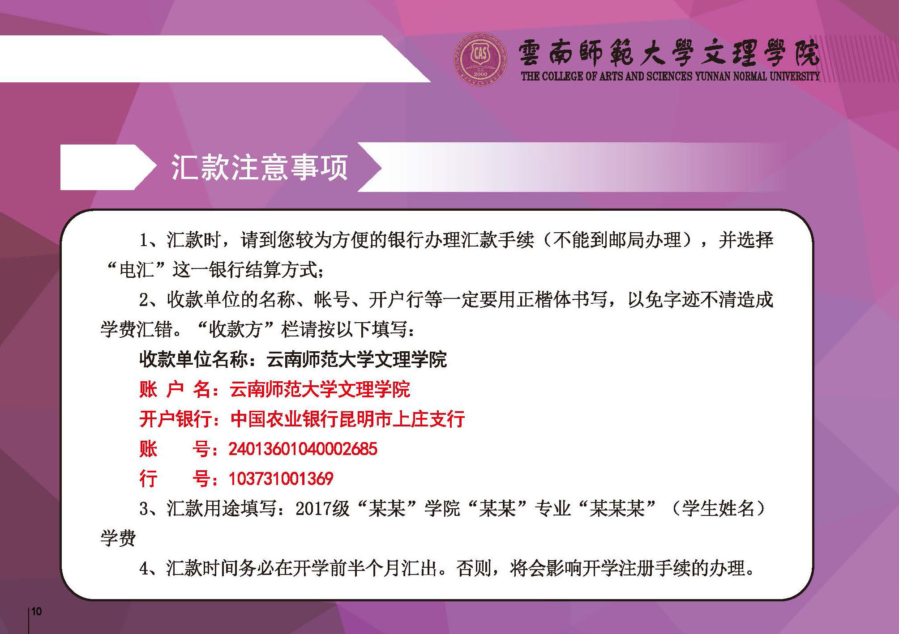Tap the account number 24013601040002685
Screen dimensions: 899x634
coord(303,449)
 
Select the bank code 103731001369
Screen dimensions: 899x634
coord(281,479)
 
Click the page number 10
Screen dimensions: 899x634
coord(36,611)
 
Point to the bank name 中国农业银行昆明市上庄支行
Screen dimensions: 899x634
coord(347,419)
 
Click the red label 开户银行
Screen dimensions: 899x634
coord(176,419)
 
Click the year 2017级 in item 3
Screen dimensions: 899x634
coord(322,509)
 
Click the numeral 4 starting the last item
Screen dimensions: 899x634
coord(144,569)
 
